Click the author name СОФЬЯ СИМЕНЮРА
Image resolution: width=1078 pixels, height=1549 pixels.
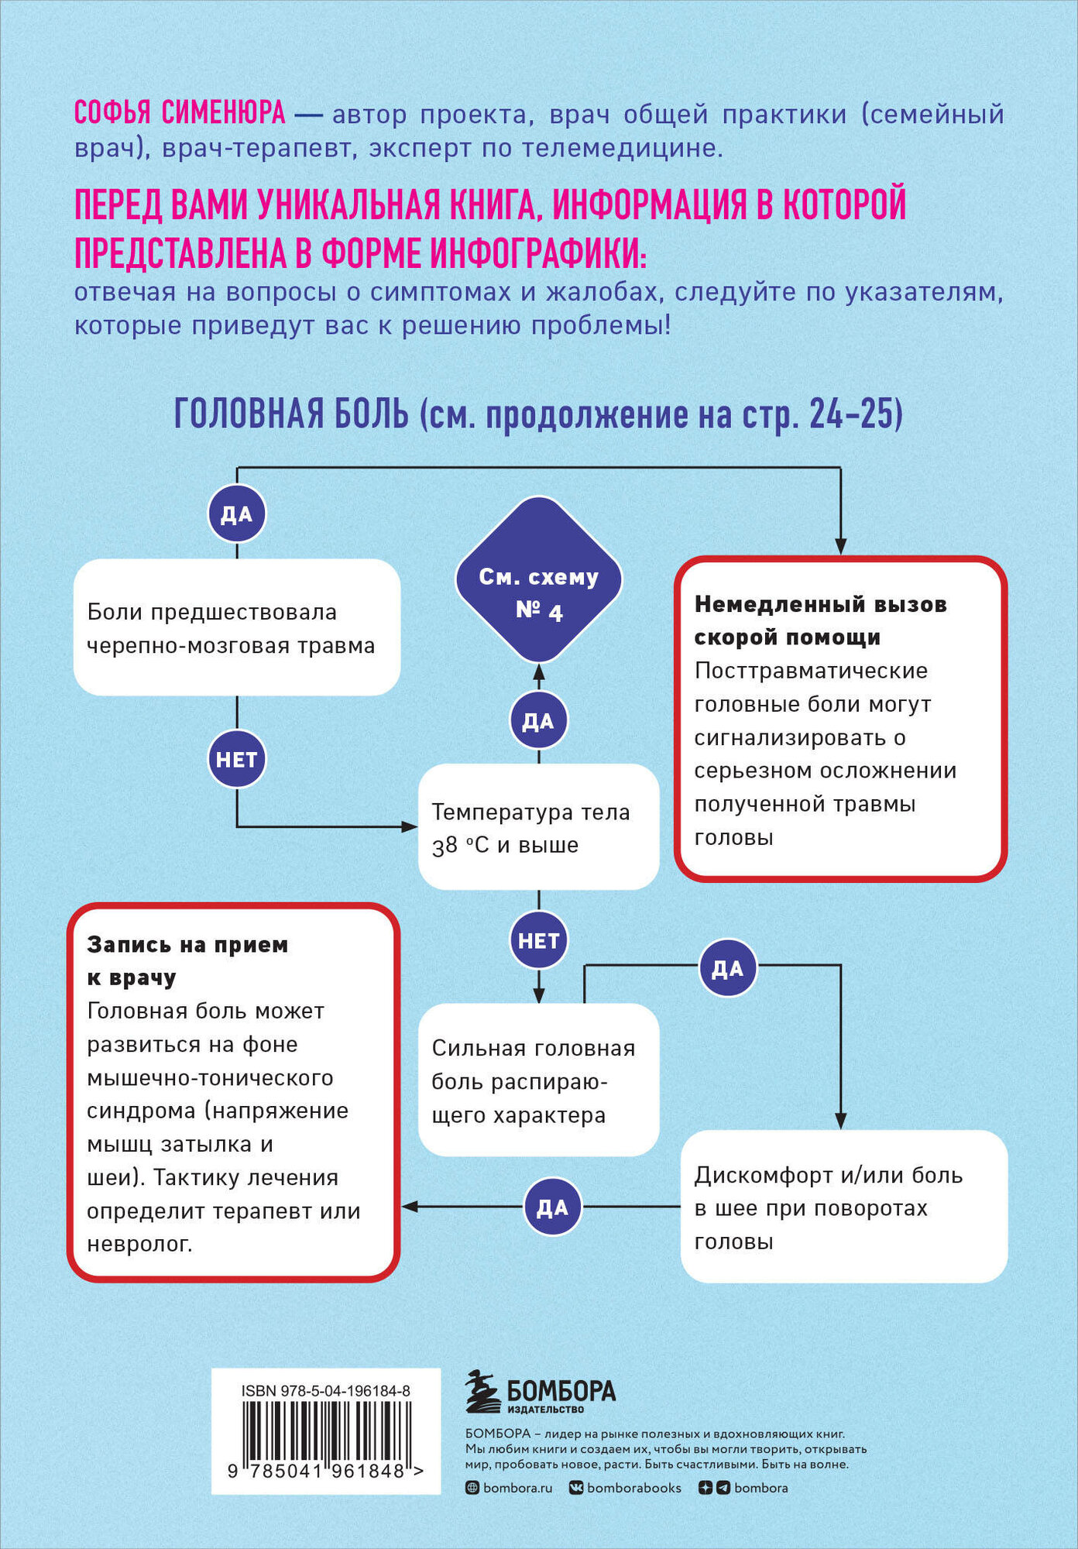pos(180,114)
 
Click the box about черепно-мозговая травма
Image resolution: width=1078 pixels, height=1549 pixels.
pos(236,627)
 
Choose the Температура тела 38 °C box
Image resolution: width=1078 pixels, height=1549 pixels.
pos(538,827)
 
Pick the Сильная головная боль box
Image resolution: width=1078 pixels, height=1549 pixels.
pos(538,1080)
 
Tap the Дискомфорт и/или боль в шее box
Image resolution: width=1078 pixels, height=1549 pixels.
pos(843,1207)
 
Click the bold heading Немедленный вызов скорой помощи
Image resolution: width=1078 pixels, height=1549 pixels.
pos(820,620)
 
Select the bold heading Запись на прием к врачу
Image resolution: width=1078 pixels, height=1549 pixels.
pos(187,960)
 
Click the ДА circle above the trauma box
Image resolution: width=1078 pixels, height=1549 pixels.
pos(237,514)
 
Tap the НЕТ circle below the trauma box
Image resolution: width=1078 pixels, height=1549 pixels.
pos(236,760)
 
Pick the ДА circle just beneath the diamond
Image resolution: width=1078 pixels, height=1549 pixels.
pos(538,721)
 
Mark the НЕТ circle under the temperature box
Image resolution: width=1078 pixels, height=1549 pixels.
pos(538,940)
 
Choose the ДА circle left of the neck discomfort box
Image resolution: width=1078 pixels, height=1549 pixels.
pos(552,1207)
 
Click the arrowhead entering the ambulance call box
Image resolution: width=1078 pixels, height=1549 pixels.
pos(841,545)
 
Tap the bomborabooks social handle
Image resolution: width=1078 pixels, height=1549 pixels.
pos(633,1488)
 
